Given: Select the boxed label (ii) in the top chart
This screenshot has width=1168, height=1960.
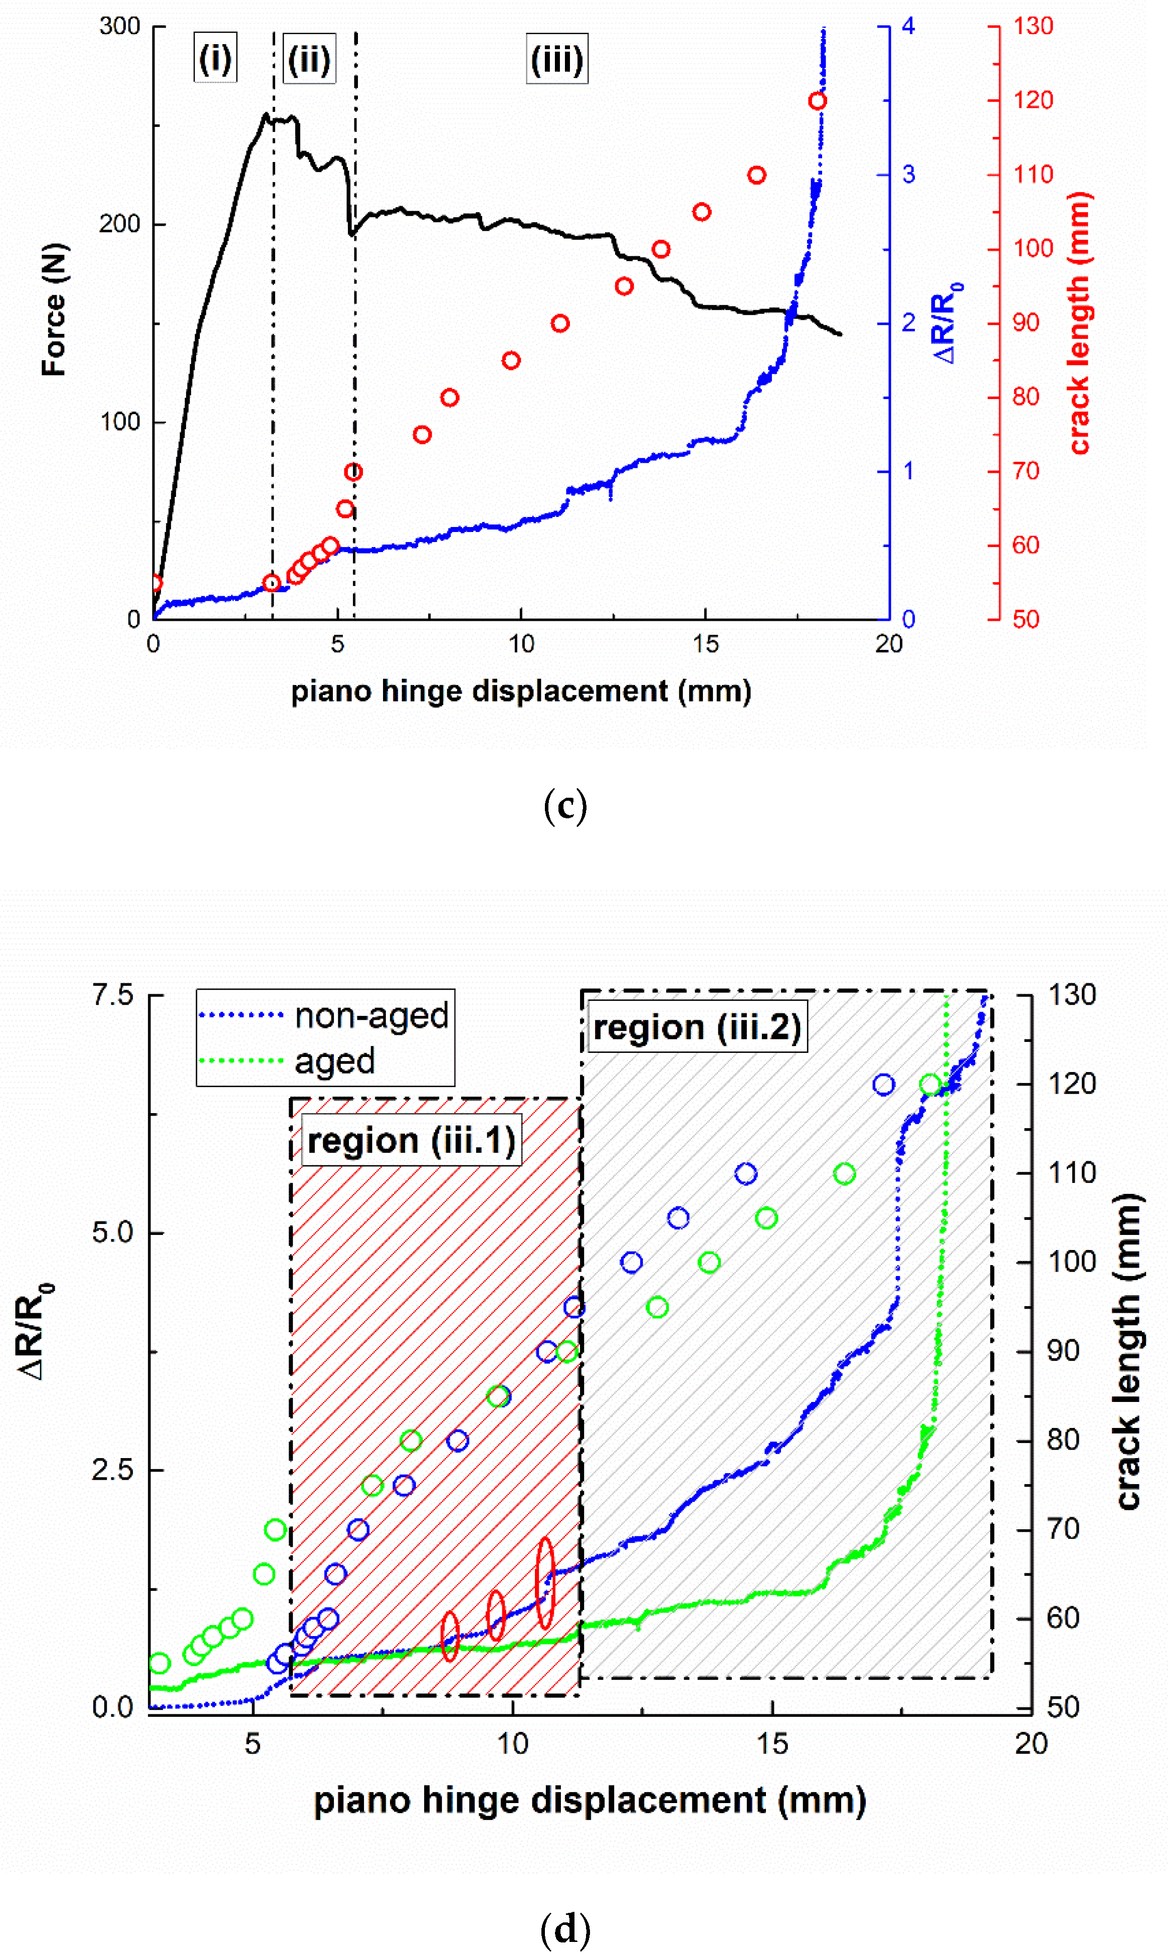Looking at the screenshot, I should [309, 59].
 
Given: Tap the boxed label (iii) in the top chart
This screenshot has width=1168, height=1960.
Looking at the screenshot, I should [557, 59].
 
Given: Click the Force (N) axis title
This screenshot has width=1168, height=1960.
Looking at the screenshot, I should [54, 309].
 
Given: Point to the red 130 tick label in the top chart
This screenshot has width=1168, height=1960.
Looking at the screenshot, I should [1033, 26].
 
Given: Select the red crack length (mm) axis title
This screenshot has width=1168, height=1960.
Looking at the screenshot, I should [1080, 323].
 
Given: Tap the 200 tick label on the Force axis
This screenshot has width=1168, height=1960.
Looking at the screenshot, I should [120, 224].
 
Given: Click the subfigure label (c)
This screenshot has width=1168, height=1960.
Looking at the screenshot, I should [565, 806].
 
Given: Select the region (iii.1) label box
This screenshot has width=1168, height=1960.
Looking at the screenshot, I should [411, 1141].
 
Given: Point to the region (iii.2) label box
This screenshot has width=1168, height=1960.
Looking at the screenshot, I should [697, 1027].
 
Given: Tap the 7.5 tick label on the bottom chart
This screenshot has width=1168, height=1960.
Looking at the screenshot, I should [113, 995].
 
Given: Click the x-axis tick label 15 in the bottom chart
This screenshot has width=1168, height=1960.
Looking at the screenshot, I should [772, 1743].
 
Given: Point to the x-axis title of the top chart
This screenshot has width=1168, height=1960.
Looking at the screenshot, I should [521, 691].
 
